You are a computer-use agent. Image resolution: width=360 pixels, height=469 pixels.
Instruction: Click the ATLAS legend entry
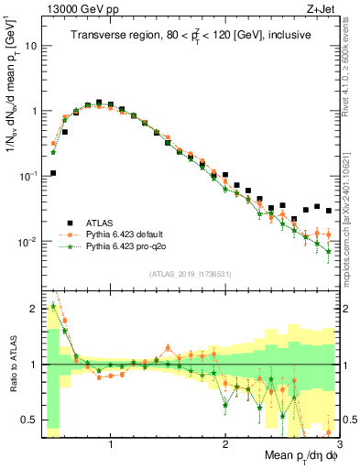pyautogui.click(x=100, y=223)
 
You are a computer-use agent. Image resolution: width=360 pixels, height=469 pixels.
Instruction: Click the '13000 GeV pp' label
pyautogui.click(x=73, y=8)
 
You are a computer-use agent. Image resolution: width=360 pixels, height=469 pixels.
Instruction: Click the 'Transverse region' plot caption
pyautogui.click(x=191, y=36)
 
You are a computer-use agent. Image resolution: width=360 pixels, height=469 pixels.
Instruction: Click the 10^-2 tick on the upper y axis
pyautogui.click(x=27, y=242)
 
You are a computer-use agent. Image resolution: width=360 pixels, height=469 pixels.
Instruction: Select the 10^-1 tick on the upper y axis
pyautogui.click(x=27, y=176)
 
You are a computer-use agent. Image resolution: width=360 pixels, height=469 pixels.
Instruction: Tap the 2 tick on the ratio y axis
pyautogui.click(x=34, y=308)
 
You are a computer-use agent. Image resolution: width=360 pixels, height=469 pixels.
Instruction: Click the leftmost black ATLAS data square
pyautogui.click(x=54, y=172)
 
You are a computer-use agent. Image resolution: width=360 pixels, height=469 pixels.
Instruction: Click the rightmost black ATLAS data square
pyautogui.click(x=329, y=210)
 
